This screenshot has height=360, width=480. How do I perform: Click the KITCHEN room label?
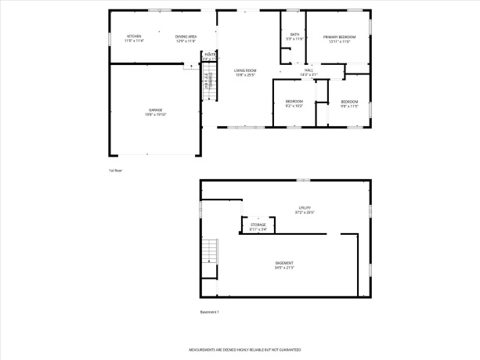click(x=135, y=37)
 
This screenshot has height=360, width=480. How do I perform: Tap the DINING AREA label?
click(x=186, y=37)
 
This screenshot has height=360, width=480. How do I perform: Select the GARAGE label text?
click(x=156, y=110)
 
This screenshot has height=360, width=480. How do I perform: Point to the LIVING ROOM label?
click(x=245, y=71)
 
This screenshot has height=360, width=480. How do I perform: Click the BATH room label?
click(x=294, y=34)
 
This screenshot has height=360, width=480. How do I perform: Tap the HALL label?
click(x=309, y=71)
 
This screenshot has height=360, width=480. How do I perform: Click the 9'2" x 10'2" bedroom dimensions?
click(x=294, y=105)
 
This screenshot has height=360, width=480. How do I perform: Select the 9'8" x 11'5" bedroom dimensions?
click(x=349, y=105)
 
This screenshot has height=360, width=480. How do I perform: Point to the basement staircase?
click(x=208, y=253)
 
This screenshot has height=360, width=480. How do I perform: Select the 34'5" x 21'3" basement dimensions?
click(x=284, y=268)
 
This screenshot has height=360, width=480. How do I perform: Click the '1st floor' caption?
click(x=116, y=170)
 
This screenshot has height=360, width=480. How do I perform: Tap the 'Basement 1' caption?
click(x=210, y=312)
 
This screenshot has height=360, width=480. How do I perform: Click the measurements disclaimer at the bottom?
click(x=245, y=350)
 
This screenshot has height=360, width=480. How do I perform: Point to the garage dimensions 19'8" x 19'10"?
click(x=156, y=115)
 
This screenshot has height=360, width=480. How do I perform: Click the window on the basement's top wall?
click(x=302, y=181)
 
